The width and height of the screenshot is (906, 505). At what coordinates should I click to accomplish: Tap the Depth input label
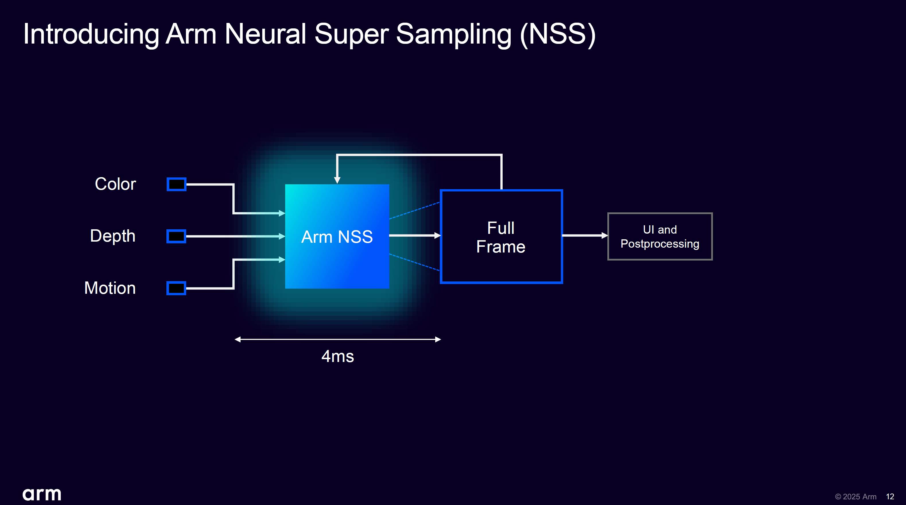pos(112,236)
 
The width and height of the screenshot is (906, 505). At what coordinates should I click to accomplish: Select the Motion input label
pos(110,288)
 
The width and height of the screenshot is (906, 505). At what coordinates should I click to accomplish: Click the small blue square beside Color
pos(176,184)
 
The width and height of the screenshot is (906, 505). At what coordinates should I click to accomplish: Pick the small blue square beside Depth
pos(176,236)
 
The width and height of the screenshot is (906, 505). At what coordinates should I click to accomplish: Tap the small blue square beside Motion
pos(176,288)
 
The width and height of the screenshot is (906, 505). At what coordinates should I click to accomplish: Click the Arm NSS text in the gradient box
pos(337,237)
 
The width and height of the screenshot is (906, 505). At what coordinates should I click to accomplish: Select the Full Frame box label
pos(501,237)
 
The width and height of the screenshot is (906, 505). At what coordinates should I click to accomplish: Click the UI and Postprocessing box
pos(660,236)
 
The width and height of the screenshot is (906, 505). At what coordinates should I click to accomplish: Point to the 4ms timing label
pos(338,356)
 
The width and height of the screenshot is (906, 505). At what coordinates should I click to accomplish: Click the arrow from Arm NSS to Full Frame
pos(415,236)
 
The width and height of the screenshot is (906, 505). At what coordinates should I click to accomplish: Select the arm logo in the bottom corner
pos(42,494)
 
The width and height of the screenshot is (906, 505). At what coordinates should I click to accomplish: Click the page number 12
pos(890,497)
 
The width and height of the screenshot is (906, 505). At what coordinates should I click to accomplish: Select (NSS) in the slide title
pos(557,34)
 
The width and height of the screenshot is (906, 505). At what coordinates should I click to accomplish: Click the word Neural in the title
pos(265,34)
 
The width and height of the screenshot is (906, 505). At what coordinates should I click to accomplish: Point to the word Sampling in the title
pos(454,34)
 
